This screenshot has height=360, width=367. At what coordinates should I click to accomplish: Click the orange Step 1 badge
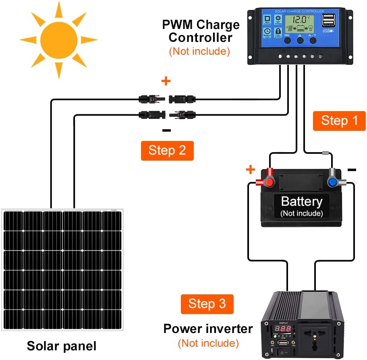339,121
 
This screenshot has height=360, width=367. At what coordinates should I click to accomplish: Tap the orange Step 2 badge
167,151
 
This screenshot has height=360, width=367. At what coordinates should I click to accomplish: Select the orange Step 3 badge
207,304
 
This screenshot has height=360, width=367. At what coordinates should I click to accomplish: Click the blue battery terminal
333,182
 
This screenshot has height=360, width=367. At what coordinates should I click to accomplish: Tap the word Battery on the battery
301,201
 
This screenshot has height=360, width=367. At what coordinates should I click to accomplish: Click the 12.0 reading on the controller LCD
299,19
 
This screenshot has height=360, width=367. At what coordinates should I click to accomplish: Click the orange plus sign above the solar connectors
166,81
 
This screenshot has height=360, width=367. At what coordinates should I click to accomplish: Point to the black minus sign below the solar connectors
166,130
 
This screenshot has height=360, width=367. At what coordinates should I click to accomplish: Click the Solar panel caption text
62,346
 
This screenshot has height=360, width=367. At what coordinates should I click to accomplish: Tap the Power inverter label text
208,329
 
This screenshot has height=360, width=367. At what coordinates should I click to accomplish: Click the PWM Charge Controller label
201,31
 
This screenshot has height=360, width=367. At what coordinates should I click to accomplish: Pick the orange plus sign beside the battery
251,170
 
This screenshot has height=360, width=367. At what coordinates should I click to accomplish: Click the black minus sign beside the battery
352,170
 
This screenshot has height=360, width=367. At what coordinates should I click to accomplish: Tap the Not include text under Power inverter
208,343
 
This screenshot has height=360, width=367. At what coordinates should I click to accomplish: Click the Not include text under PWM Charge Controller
199,51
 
